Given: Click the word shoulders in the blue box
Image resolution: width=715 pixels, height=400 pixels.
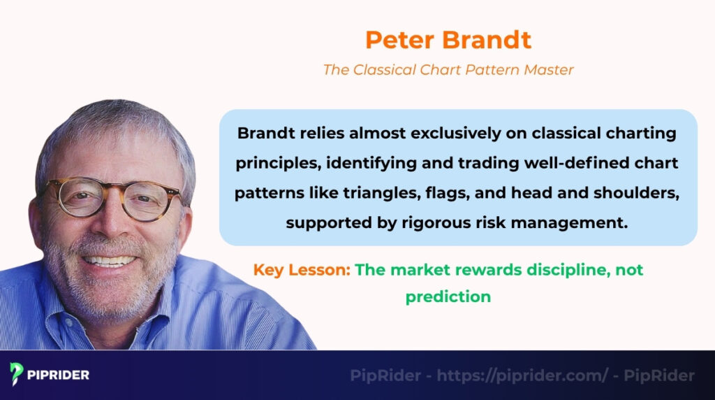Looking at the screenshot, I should coord(633,193).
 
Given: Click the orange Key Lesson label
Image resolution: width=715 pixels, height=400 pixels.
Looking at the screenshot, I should coord(302,270).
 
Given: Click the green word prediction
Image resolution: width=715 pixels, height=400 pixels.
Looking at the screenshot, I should coord(448,297).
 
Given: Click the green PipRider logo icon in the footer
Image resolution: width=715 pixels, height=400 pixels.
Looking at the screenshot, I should coord(17,374).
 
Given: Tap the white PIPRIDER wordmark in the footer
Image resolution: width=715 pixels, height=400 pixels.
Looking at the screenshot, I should coord(59,375).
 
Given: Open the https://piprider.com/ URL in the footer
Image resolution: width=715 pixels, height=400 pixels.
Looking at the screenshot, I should coord(522,376).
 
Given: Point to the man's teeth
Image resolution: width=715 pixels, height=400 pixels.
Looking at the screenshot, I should coord(112,261).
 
